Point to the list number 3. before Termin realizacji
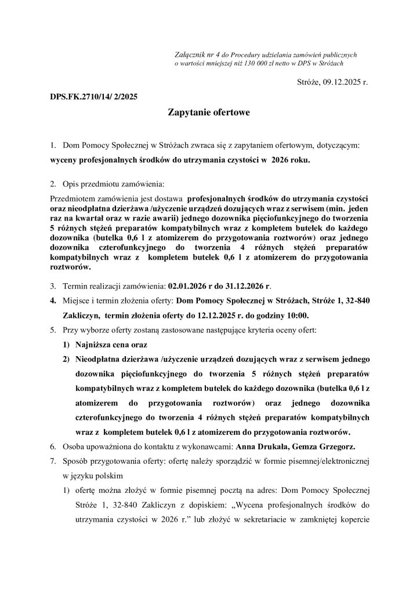(x=53, y=286)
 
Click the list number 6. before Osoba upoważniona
(x=53, y=446)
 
